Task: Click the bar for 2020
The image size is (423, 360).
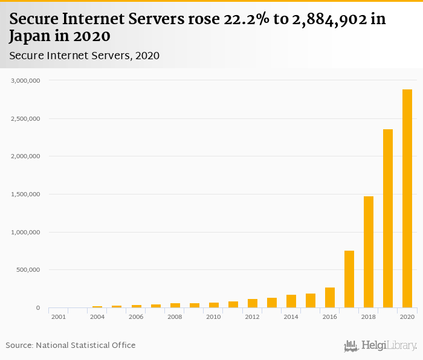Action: click(407, 199)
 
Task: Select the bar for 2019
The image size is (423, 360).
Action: click(388, 219)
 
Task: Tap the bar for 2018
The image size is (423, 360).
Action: click(369, 252)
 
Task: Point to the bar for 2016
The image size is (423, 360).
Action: click(330, 298)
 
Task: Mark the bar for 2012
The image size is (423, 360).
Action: click(253, 303)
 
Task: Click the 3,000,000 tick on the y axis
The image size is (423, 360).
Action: click(25, 80)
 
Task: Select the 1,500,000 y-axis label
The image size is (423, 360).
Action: click(25, 194)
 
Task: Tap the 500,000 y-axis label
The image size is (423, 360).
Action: click(28, 270)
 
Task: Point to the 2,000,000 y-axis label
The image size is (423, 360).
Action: click(25, 156)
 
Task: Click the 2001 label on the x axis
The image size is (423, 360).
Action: click(59, 317)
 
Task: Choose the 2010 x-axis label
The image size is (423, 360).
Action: click(213, 317)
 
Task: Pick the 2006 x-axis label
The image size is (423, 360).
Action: click(136, 317)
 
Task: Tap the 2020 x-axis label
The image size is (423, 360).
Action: click(407, 317)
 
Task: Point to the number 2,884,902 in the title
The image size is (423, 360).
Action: click(323, 19)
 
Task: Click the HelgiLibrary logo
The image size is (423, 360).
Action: click(380, 346)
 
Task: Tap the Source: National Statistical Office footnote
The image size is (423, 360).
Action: click(71, 346)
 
